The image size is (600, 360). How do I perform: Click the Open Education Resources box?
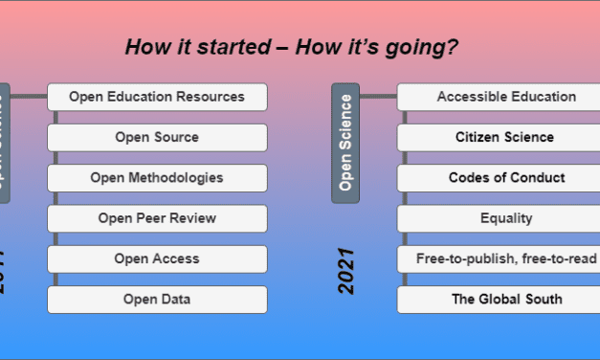(157, 97)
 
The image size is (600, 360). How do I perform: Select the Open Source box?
(157, 137)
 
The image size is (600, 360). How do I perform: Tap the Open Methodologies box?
(157, 178)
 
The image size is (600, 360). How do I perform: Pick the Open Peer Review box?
(157, 218)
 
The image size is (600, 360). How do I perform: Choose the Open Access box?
(157, 259)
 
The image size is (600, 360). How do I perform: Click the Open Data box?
(157, 300)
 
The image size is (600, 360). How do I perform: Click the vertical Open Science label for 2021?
(345, 142)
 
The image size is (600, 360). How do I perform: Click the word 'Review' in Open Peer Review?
(194, 218)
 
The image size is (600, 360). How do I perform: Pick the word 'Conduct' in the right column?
(539, 178)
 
